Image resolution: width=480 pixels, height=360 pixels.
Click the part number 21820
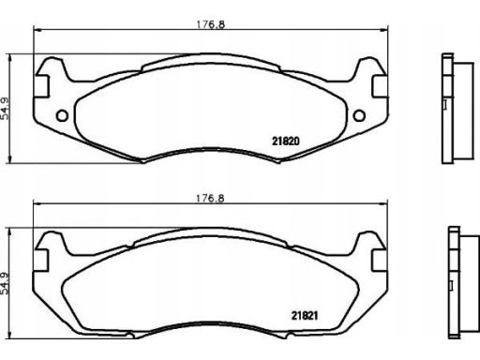286,142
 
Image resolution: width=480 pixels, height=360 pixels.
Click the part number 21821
305,316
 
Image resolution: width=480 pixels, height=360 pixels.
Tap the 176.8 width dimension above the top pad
210,24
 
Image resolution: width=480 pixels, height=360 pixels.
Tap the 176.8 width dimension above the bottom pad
210,199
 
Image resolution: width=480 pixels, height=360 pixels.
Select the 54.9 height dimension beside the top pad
6,109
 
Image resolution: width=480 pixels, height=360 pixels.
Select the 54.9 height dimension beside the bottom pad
6,284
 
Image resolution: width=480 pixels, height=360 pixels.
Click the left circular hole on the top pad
62,116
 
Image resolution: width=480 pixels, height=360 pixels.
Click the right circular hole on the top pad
359,115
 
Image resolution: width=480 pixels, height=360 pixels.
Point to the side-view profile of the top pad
457,109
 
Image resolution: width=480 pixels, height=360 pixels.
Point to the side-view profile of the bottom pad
463,283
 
